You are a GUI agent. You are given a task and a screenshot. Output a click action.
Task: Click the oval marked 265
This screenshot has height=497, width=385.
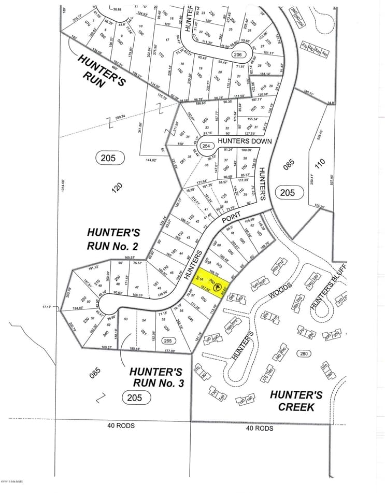click(x=167, y=340)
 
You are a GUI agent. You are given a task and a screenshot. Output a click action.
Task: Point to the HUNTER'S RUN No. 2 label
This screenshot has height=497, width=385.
click(x=113, y=239)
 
